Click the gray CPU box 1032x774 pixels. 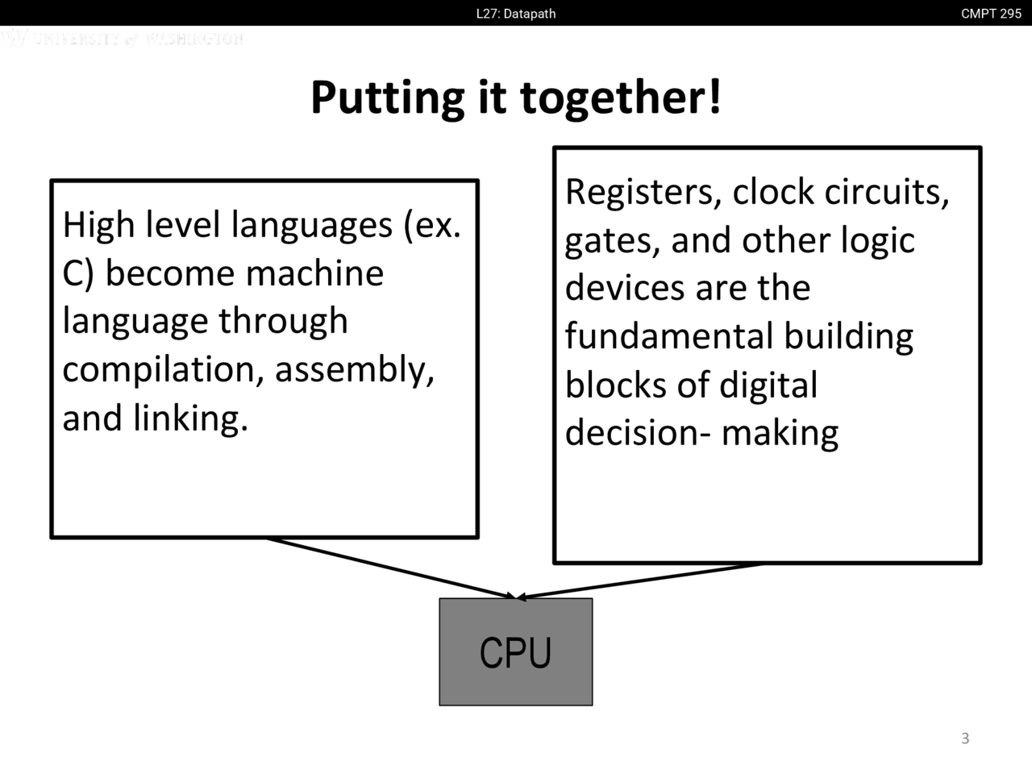515,651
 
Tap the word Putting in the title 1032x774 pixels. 387,98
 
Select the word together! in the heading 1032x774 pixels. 620,98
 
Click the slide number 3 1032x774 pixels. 965,739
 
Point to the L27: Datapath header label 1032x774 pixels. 516,13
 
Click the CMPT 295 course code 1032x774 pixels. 991,13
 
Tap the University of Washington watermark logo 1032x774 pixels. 121,38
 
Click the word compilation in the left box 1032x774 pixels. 161,370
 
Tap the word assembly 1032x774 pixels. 354,370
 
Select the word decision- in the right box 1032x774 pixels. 638,433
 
